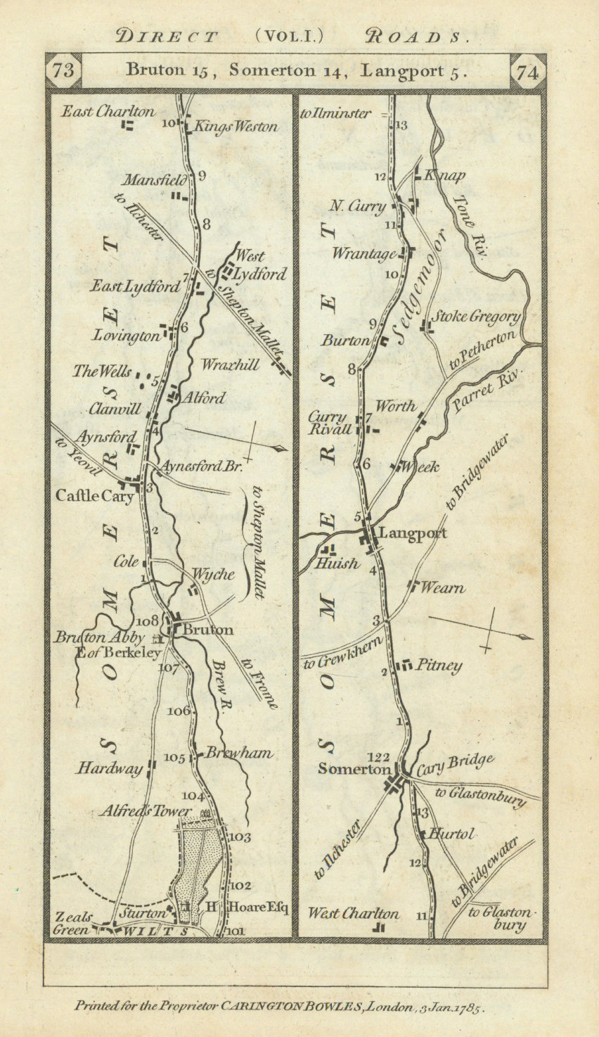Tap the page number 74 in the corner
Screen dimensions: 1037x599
click(527, 72)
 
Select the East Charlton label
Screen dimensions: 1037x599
click(108, 111)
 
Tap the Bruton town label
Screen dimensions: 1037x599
click(207, 630)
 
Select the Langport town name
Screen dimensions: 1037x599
click(412, 533)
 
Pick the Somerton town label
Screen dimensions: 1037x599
click(354, 770)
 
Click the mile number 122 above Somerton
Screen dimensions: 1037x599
click(378, 757)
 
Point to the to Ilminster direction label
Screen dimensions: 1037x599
click(335, 113)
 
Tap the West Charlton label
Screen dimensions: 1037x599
click(353, 914)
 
